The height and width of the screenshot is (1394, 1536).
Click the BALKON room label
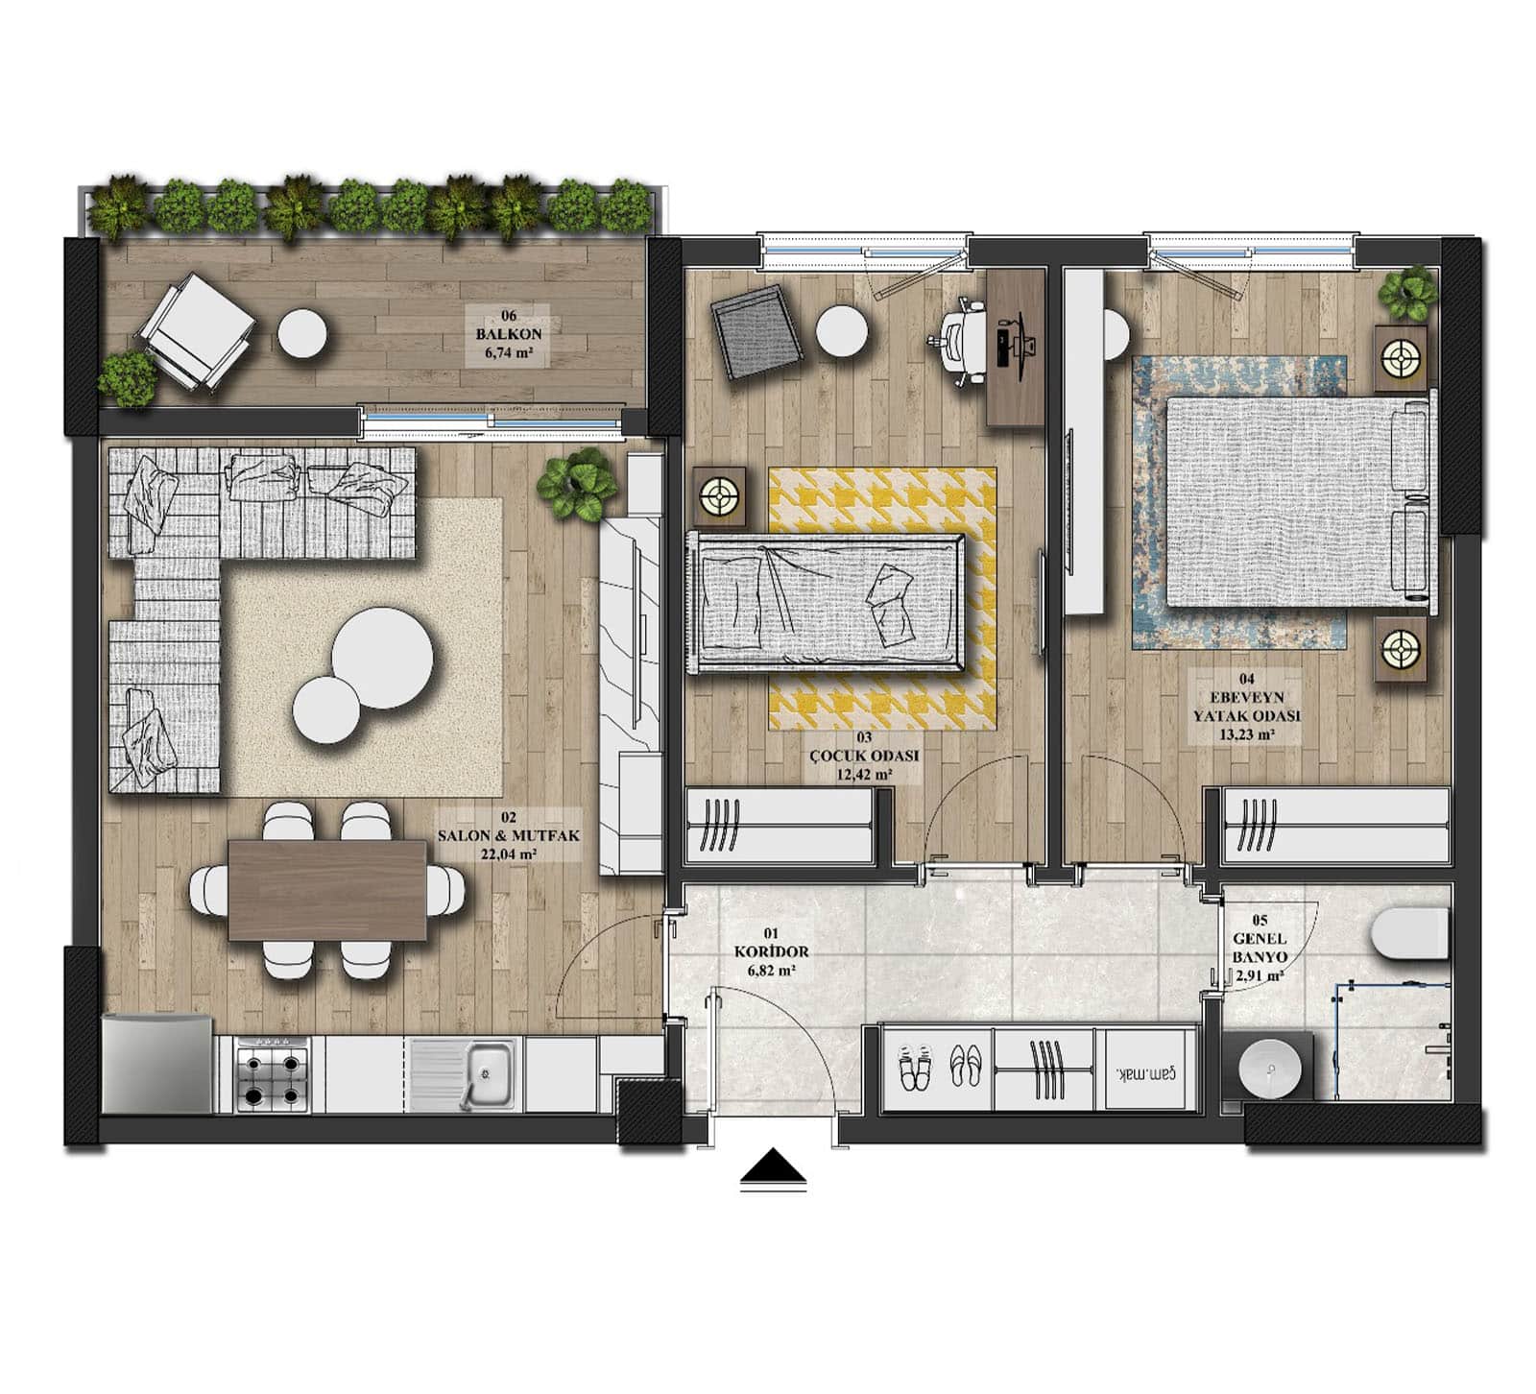click(509, 334)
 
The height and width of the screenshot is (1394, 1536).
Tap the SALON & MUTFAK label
click(509, 836)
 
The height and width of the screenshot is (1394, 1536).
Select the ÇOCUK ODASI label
click(864, 756)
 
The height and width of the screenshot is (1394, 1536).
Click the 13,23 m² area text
click(1246, 735)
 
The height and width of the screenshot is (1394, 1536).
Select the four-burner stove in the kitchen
click(273, 1076)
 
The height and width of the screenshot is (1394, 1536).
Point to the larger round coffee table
click(382, 659)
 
